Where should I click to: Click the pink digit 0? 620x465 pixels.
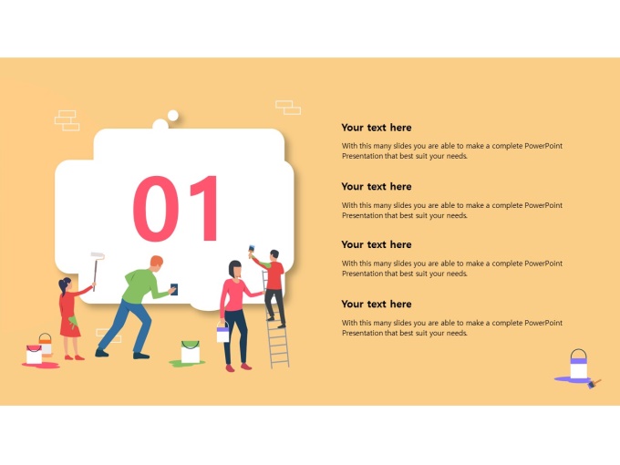(x=155, y=209)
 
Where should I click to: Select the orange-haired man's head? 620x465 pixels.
(x=156, y=263)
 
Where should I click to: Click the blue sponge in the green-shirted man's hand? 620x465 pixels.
(x=174, y=289)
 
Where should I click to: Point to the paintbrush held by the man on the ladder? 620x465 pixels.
(x=251, y=252)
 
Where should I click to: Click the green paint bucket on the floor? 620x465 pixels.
(x=191, y=351)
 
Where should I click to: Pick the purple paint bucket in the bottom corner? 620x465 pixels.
(x=578, y=364)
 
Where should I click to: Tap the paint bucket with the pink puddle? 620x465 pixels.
(x=34, y=355)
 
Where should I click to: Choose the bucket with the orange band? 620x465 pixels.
(x=46, y=344)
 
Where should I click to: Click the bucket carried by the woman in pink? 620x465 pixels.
(x=222, y=332)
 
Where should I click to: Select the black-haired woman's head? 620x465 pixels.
(x=235, y=269)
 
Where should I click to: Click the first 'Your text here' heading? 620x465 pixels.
(x=377, y=128)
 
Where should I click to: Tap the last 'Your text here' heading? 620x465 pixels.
(x=377, y=304)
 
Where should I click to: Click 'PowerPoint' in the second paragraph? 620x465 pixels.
(x=543, y=205)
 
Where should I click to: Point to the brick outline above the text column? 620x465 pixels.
(x=288, y=108)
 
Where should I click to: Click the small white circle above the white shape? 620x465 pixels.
(x=173, y=116)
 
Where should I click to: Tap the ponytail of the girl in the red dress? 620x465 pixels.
(x=62, y=287)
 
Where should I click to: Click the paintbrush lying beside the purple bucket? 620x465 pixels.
(x=594, y=383)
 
